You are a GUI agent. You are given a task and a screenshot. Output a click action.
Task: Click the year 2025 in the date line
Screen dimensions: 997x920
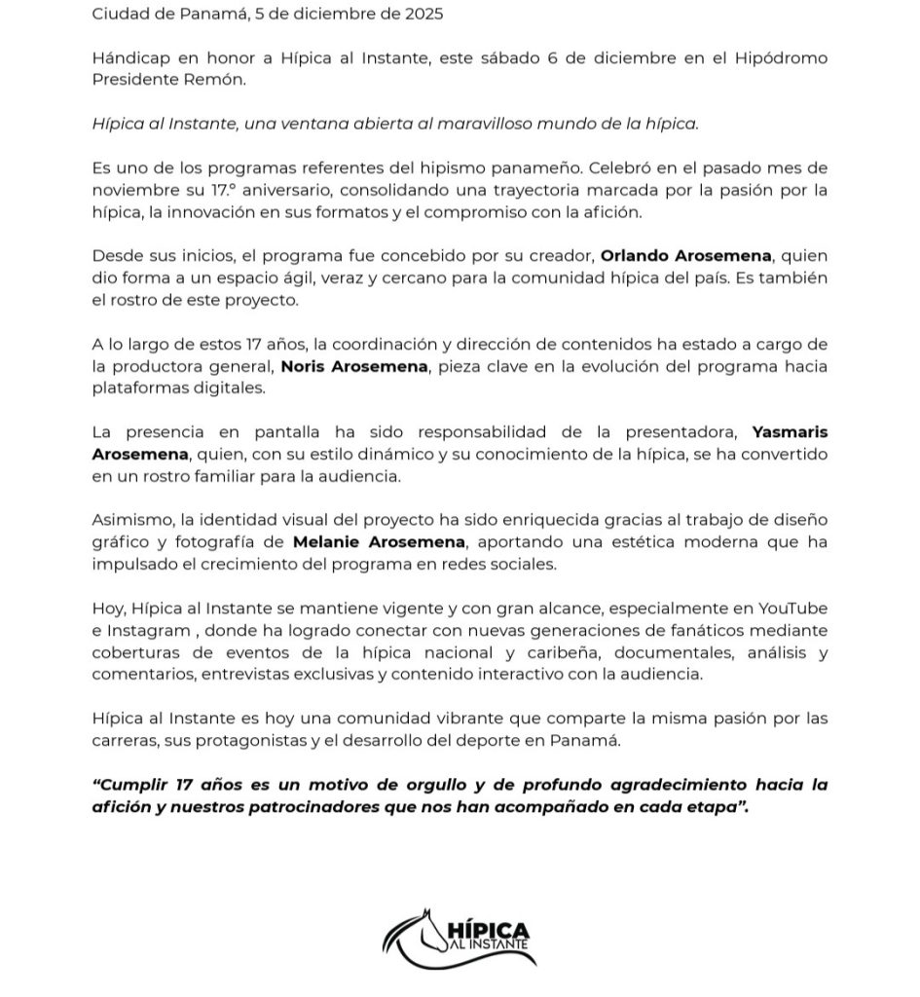(x=417, y=14)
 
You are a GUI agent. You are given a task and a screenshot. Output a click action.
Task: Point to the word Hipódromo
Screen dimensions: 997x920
(x=779, y=58)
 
